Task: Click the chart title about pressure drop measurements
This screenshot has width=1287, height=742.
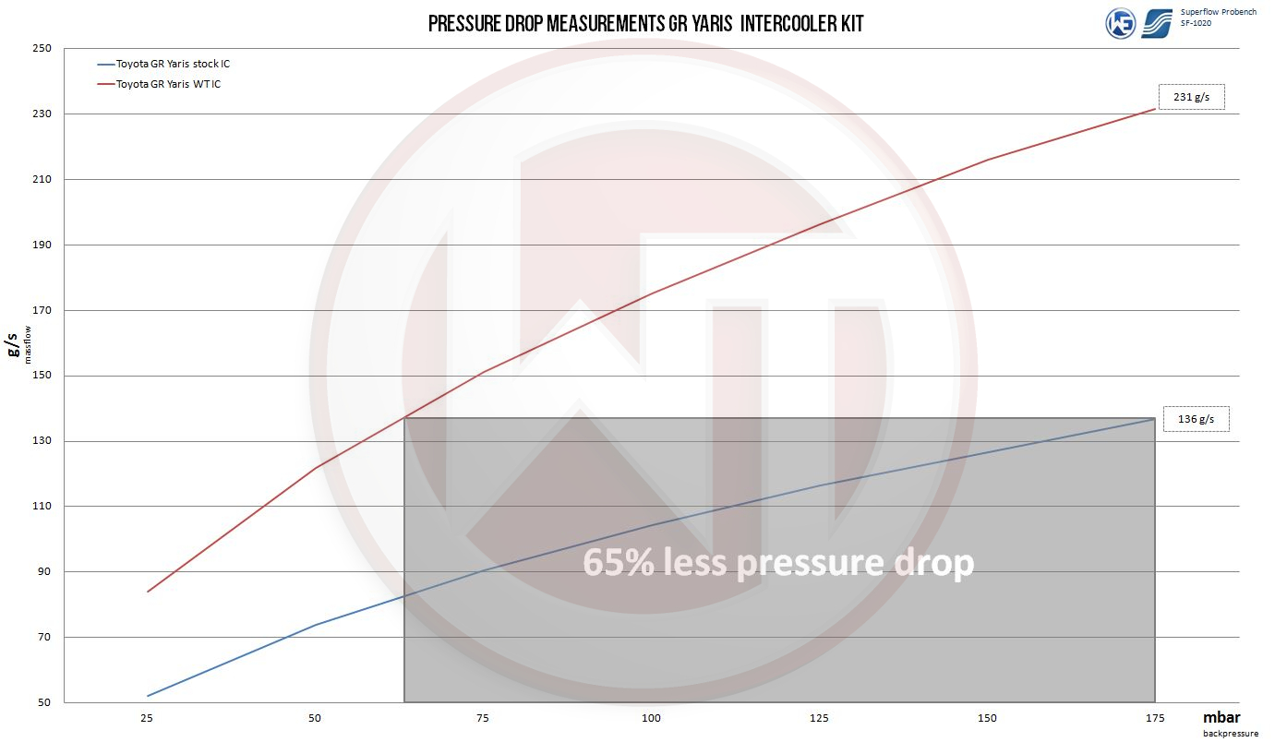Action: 645,23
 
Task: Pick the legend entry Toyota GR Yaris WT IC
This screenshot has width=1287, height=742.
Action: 168,84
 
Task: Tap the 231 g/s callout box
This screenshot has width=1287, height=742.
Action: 1192,97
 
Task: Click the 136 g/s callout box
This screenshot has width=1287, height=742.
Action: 1196,419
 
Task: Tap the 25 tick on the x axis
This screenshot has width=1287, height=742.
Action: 146,718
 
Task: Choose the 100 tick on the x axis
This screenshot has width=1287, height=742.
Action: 651,718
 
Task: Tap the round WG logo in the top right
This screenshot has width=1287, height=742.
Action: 1121,23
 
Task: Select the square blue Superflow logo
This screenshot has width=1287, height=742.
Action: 1157,23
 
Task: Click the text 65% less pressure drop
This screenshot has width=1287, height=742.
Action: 778,562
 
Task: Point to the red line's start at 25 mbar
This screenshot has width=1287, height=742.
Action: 147,592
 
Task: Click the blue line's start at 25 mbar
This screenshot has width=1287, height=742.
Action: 147,696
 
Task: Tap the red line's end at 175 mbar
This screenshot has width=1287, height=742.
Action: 1155,109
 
